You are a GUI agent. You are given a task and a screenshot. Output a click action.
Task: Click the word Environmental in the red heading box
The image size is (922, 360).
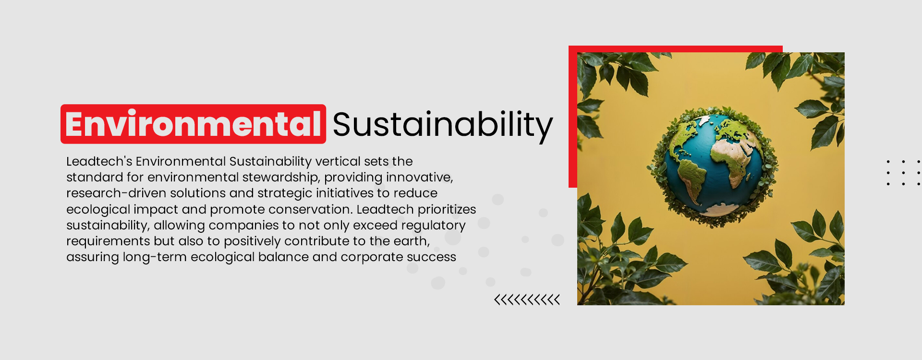click(x=193, y=124)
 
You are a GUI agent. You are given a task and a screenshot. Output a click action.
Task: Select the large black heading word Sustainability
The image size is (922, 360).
click(x=442, y=124)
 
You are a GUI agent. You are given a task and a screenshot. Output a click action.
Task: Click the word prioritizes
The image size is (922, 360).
click(x=447, y=209)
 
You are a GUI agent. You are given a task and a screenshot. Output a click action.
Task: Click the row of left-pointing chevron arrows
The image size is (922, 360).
click(x=527, y=300)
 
